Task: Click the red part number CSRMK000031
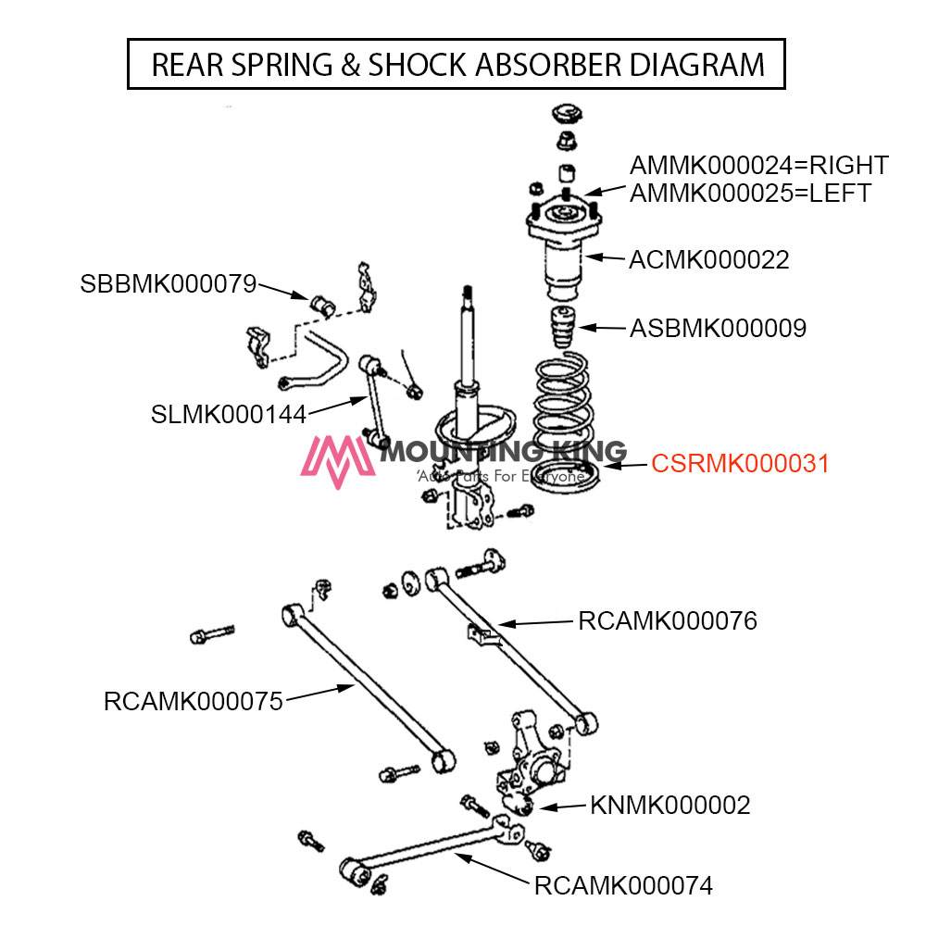click(x=740, y=464)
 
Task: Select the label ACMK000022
click(x=709, y=260)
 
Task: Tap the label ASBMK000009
click(x=718, y=328)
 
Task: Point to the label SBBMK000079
click(x=168, y=284)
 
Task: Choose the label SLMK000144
click(x=228, y=414)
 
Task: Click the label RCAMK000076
click(x=668, y=620)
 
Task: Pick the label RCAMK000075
click(x=193, y=702)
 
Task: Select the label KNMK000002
click(x=670, y=806)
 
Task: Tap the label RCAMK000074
click(x=623, y=886)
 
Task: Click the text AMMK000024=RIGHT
click(x=759, y=166)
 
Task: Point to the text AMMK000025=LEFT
click(x=750, y=194)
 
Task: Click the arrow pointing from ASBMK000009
click(x=602, y=327)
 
